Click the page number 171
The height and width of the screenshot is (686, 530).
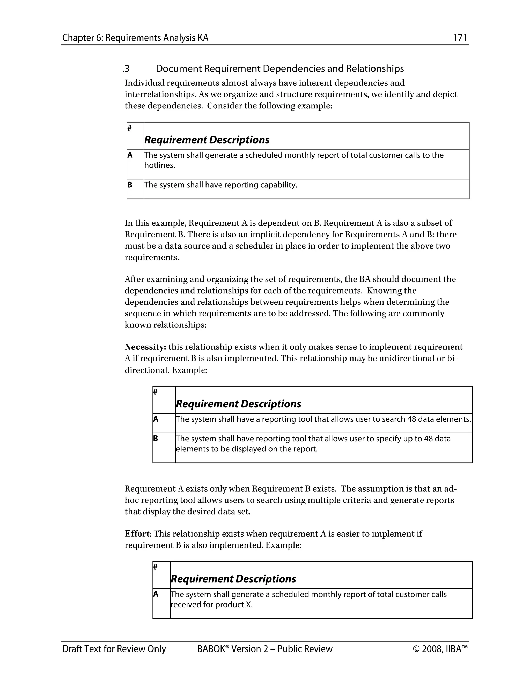pyautogui.click(x=460, y=38)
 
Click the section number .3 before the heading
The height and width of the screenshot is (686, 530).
pyautogui.click(x=126, y=69)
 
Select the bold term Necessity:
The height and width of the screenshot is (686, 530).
pyautogui.click(x=145, y=347)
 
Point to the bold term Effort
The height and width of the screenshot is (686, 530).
pyautogui.click(x=137, y=534)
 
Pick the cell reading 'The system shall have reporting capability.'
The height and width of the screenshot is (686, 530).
pyautogui.click(x=220, y=185)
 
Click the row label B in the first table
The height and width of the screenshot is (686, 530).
pyautogui.click(x=130, y=185)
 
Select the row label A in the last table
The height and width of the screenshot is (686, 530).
pyautogui.click(x=156, y=594)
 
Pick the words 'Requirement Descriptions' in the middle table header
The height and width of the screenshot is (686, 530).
pyautogui.click(x=238, y=404)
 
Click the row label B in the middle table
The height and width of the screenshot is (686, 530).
pyautogui.click(x=156, y=439)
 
